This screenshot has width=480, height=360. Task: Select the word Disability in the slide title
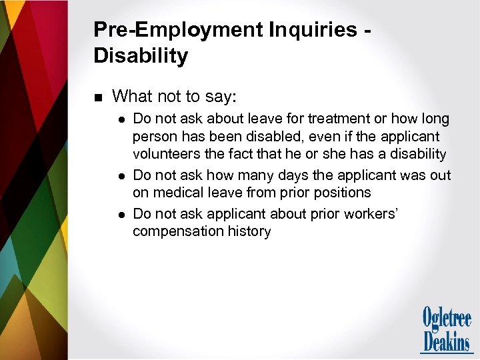[x=141, y=55]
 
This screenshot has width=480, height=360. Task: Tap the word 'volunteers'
[x=167, y=154]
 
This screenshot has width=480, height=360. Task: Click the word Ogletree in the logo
[x=447, y=318]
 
